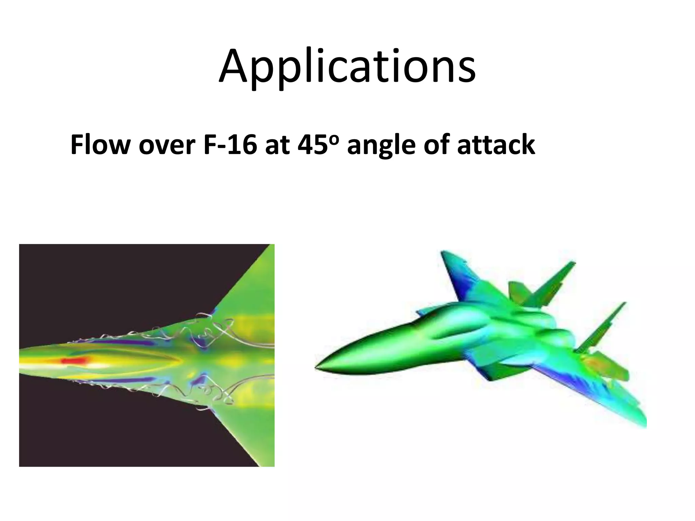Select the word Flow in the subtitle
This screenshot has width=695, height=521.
(x=100, y=145)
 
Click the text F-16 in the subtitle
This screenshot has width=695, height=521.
(x=230, y=145)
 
